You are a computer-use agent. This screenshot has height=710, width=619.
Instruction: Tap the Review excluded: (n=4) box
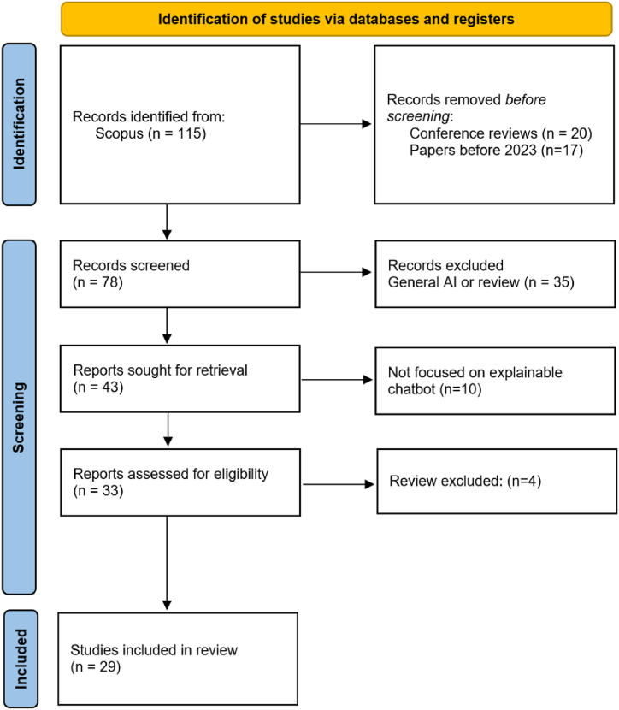pos(496,482)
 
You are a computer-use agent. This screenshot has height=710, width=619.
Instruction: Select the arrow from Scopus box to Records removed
pos(337,125)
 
